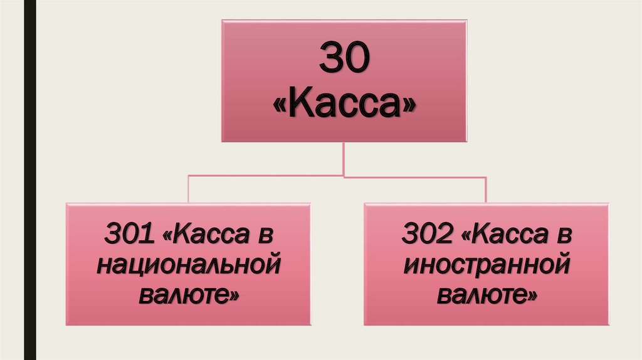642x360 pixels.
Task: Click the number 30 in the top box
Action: click(344, 60)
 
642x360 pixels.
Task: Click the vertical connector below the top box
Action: click(344, 159)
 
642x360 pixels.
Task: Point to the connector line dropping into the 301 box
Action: click(189, 189)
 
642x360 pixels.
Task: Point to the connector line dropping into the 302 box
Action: click(486, 189)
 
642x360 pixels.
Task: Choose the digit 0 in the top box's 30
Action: click(357, 60)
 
